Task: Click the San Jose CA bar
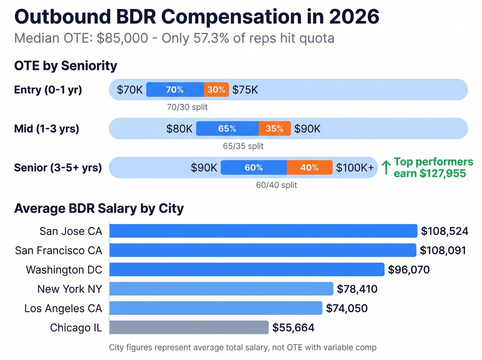[263, 231]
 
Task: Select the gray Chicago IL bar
[189, 327]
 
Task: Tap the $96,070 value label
[409, 269]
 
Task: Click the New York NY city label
[70, 289]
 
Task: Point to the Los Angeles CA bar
[216, 308]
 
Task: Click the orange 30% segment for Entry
[216, 90]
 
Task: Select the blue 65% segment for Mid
[227, 128]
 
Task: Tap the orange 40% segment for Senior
[310, 167]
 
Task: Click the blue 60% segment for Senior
[254, 167]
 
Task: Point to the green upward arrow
[386, 167]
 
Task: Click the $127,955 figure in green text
[442, 173]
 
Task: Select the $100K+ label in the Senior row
[355, 167]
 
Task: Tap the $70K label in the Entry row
[129, 90]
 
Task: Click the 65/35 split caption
[243, 146]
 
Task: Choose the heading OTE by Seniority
[66, 65]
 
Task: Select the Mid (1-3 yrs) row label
[47, 128]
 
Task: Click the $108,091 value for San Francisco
[443, 250]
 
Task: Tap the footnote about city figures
[243, 347]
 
